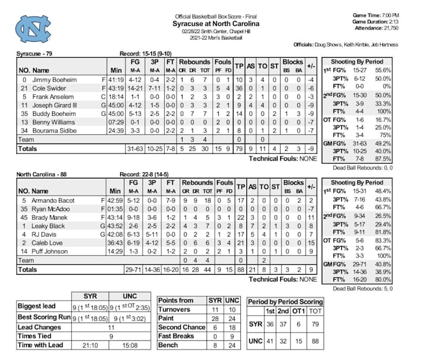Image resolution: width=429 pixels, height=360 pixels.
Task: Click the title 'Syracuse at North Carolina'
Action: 216,23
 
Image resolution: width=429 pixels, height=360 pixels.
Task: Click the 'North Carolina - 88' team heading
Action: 42,174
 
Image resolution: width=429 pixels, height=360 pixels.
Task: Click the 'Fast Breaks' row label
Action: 177,336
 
